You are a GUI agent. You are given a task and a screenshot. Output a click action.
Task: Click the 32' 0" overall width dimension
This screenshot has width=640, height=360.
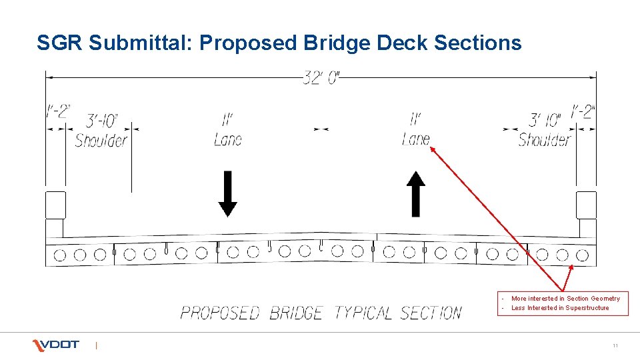[321, 79]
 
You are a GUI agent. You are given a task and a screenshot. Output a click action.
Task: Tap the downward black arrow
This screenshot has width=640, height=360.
[228, 193]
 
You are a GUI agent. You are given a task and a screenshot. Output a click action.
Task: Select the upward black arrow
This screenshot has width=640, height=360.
[416, 193]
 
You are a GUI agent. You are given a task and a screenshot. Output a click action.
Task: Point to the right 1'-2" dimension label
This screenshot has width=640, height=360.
[582, 111]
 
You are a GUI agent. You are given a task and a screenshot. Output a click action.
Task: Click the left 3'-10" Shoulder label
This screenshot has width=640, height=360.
[101, 131]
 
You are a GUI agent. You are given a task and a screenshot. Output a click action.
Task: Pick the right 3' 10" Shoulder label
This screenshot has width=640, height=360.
[545, 131]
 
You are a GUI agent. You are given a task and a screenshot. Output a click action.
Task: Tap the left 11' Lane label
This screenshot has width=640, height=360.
[228, 130]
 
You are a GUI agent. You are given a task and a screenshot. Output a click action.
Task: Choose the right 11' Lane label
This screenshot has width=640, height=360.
[416, 130]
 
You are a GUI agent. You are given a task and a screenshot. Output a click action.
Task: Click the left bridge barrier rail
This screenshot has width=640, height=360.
[55, 205]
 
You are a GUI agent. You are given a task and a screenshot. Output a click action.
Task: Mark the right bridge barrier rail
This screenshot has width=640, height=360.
[586, 205]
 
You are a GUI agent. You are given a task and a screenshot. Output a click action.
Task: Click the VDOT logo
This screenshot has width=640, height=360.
[56, 345]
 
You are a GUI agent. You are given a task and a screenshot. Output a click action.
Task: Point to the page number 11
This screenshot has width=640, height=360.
[615, 345]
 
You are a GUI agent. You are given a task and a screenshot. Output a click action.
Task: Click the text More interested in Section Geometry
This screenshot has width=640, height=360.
[565, 299]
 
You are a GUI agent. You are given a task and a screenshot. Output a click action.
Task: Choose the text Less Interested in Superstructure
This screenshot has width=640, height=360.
[560, 308]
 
